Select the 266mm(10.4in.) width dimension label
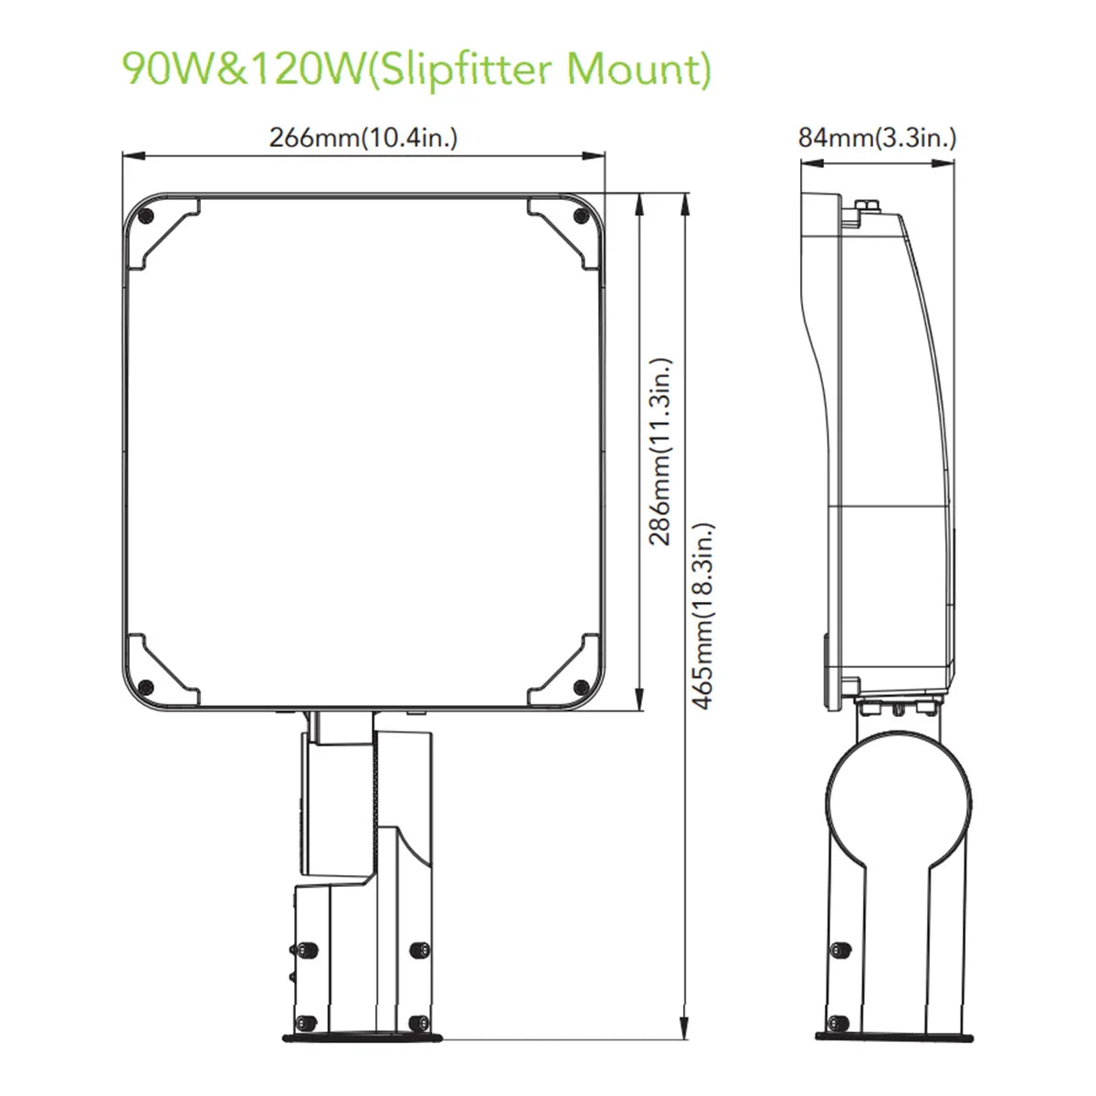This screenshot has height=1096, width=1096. (x=363, y=138)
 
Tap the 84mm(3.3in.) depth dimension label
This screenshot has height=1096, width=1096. (x=877, y=138)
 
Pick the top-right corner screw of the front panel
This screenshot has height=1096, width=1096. (x=579, y=216)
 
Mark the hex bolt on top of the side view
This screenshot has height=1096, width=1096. (x=867, y=205)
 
